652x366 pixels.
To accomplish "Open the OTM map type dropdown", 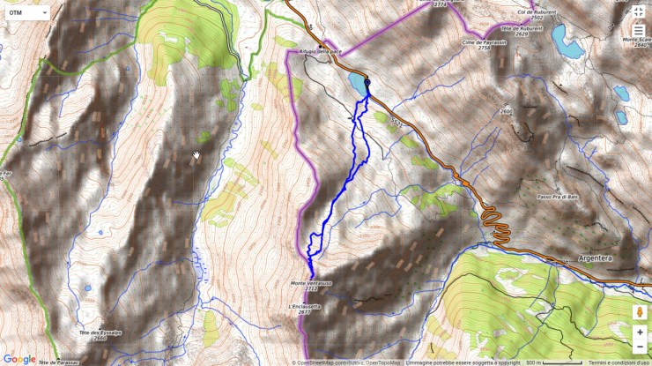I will click(27, 13).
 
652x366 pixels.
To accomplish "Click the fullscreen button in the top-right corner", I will click(639, 11).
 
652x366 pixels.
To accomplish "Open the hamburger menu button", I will click(639, 30).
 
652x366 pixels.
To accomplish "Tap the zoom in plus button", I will click(640, 332).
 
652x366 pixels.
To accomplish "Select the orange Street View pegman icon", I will click(640, 312).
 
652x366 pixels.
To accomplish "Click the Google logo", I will click(19, 359).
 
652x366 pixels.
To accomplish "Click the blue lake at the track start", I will click(356, 85).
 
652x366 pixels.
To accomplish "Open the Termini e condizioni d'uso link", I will click(619, 362).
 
